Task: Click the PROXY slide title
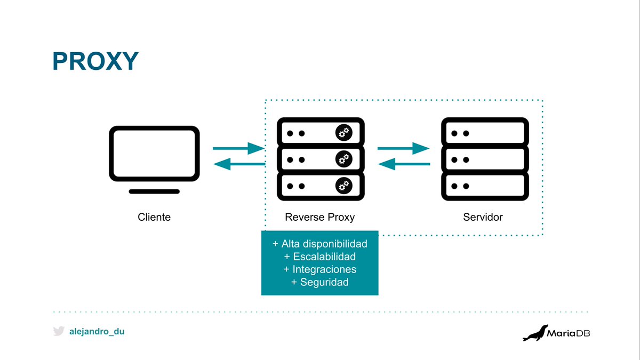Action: click(95, 61)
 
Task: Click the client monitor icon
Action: click(154, 154)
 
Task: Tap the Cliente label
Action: click(154, 217)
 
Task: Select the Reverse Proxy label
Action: click(319, 217)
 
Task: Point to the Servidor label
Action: click(483, 217)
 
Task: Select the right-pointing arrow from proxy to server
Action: click(403, 148)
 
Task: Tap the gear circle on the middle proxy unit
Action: click(344, 158)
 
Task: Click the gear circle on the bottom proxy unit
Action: click(344, 185)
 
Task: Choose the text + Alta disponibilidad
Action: click(319, 244)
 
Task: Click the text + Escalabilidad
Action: click(319, 257)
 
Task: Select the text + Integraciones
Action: click(319, 269)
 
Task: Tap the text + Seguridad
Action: click(319, 282)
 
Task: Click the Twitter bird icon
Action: click(59, 331)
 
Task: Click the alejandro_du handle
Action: click(97, 331)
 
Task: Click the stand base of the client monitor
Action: click(154, 191)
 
